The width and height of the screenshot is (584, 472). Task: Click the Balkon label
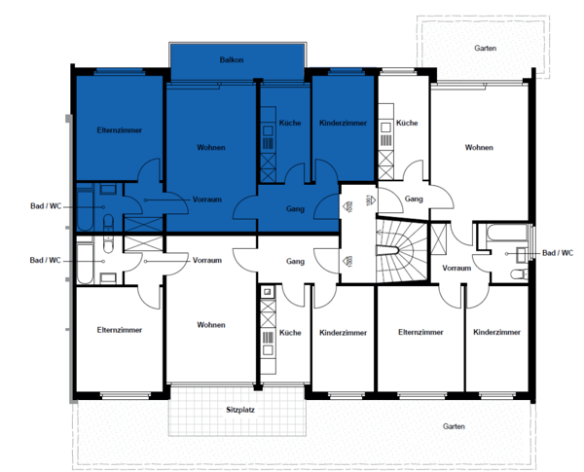[232, 59]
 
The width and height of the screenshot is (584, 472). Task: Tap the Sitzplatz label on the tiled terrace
[240, 410]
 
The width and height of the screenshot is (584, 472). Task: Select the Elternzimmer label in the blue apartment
[119, 130]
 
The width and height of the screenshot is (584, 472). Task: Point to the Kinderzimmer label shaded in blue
[343, 123]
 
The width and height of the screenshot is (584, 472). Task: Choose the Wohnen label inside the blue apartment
[211, 148]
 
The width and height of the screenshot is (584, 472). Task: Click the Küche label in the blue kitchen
[290, 123]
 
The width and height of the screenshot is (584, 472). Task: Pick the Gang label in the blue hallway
[295, 209]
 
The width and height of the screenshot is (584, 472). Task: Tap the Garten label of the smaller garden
[486, 48]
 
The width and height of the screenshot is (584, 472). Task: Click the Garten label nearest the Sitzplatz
[454, 426]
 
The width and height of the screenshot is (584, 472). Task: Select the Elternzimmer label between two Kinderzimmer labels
[420, 332]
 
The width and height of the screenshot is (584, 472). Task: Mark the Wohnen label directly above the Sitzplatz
[211, 325]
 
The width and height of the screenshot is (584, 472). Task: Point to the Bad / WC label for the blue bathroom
[46, 206]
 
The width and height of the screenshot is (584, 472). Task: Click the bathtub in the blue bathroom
[85, 206]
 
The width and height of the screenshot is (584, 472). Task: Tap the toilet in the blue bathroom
[108, 223]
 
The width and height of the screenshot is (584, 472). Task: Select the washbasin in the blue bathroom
[108, 189]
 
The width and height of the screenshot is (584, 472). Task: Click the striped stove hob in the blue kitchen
[268, 144]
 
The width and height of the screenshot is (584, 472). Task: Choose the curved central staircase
[401, 250]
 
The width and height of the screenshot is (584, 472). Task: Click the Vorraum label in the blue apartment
[206, 200]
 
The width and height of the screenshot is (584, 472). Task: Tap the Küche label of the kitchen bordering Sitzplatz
[290, 332]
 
